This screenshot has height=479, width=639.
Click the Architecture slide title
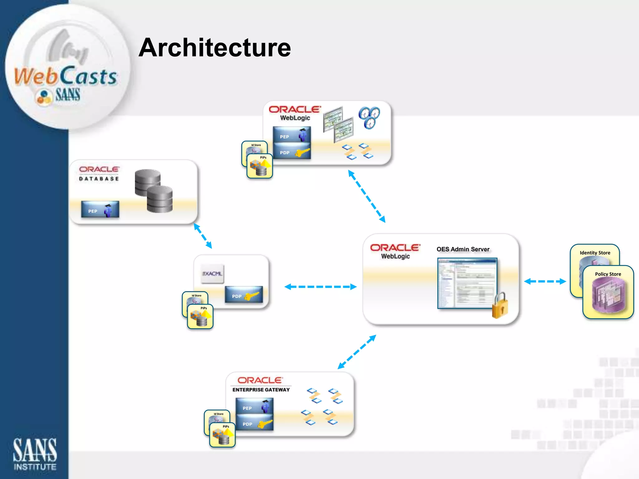(215, 47)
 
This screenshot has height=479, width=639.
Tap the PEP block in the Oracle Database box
(100, 210)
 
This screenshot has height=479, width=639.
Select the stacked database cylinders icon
(154, 191)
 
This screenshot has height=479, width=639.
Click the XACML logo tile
(212, 274)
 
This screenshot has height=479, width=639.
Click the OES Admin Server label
(463, 249)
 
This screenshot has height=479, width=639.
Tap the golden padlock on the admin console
(500, 306)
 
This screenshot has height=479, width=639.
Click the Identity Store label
(595, 253)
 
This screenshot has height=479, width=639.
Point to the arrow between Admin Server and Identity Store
(545, 281)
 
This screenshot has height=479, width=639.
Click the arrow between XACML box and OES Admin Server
(320, 287)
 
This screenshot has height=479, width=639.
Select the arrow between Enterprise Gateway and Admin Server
(357, 352)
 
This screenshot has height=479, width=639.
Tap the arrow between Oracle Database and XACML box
(203, 236)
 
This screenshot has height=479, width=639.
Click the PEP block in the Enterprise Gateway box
(254, 406)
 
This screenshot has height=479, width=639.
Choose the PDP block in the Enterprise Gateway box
(254, 423)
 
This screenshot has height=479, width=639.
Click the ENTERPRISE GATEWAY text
(261, 390)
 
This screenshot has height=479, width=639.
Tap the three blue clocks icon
(369, 117)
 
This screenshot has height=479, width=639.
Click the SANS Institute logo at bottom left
(35, 454)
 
